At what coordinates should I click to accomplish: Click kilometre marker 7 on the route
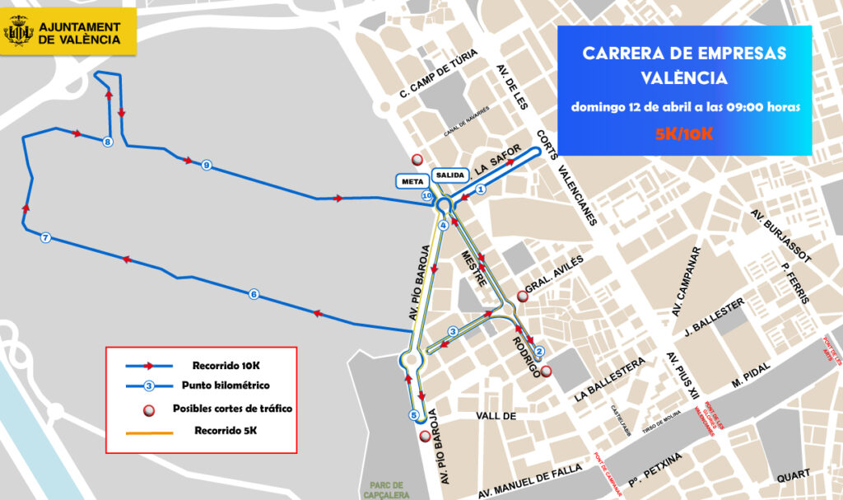point(45,238)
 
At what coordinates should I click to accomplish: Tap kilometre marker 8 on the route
point(108,143)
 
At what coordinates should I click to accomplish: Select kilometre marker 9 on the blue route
point(205,166)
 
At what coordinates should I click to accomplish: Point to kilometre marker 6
point(253,294)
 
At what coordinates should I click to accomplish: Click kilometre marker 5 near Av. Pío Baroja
point(413,415)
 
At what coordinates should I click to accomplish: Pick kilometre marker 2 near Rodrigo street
point(539,352)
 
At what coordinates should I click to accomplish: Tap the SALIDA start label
point(450,175)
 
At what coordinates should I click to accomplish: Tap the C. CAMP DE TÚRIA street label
point(438,73)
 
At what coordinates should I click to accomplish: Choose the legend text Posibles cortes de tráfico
point(232,409)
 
